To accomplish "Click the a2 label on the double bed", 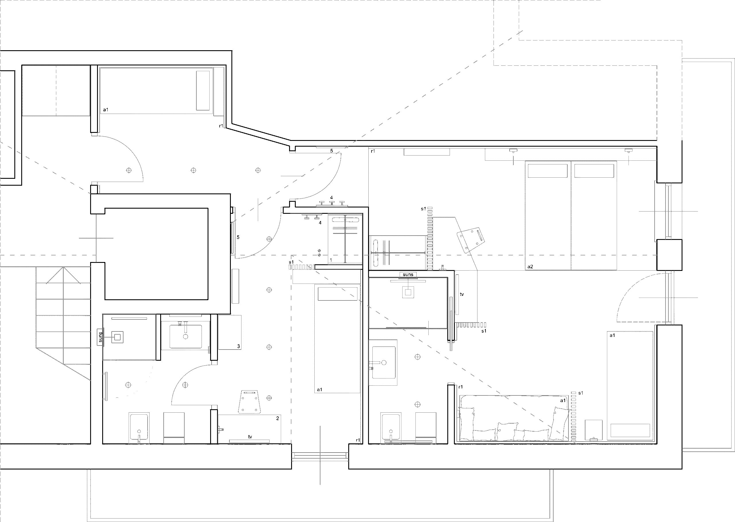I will coord(530,267).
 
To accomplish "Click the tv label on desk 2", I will coord(250,436).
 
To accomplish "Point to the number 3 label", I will coord(238,346).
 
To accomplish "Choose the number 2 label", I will coord(277,418).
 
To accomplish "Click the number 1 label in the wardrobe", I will coord(331,260).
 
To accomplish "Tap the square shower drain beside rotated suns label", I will coord(117,337).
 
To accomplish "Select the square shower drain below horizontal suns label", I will coord(408,292).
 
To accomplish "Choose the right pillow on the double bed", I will coord(594,171).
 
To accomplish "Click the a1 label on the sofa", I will coord(563,401).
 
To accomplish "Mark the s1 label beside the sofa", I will coord(581,393).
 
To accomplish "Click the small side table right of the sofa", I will coord(593,430).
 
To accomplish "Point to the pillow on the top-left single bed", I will coord(203,90).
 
